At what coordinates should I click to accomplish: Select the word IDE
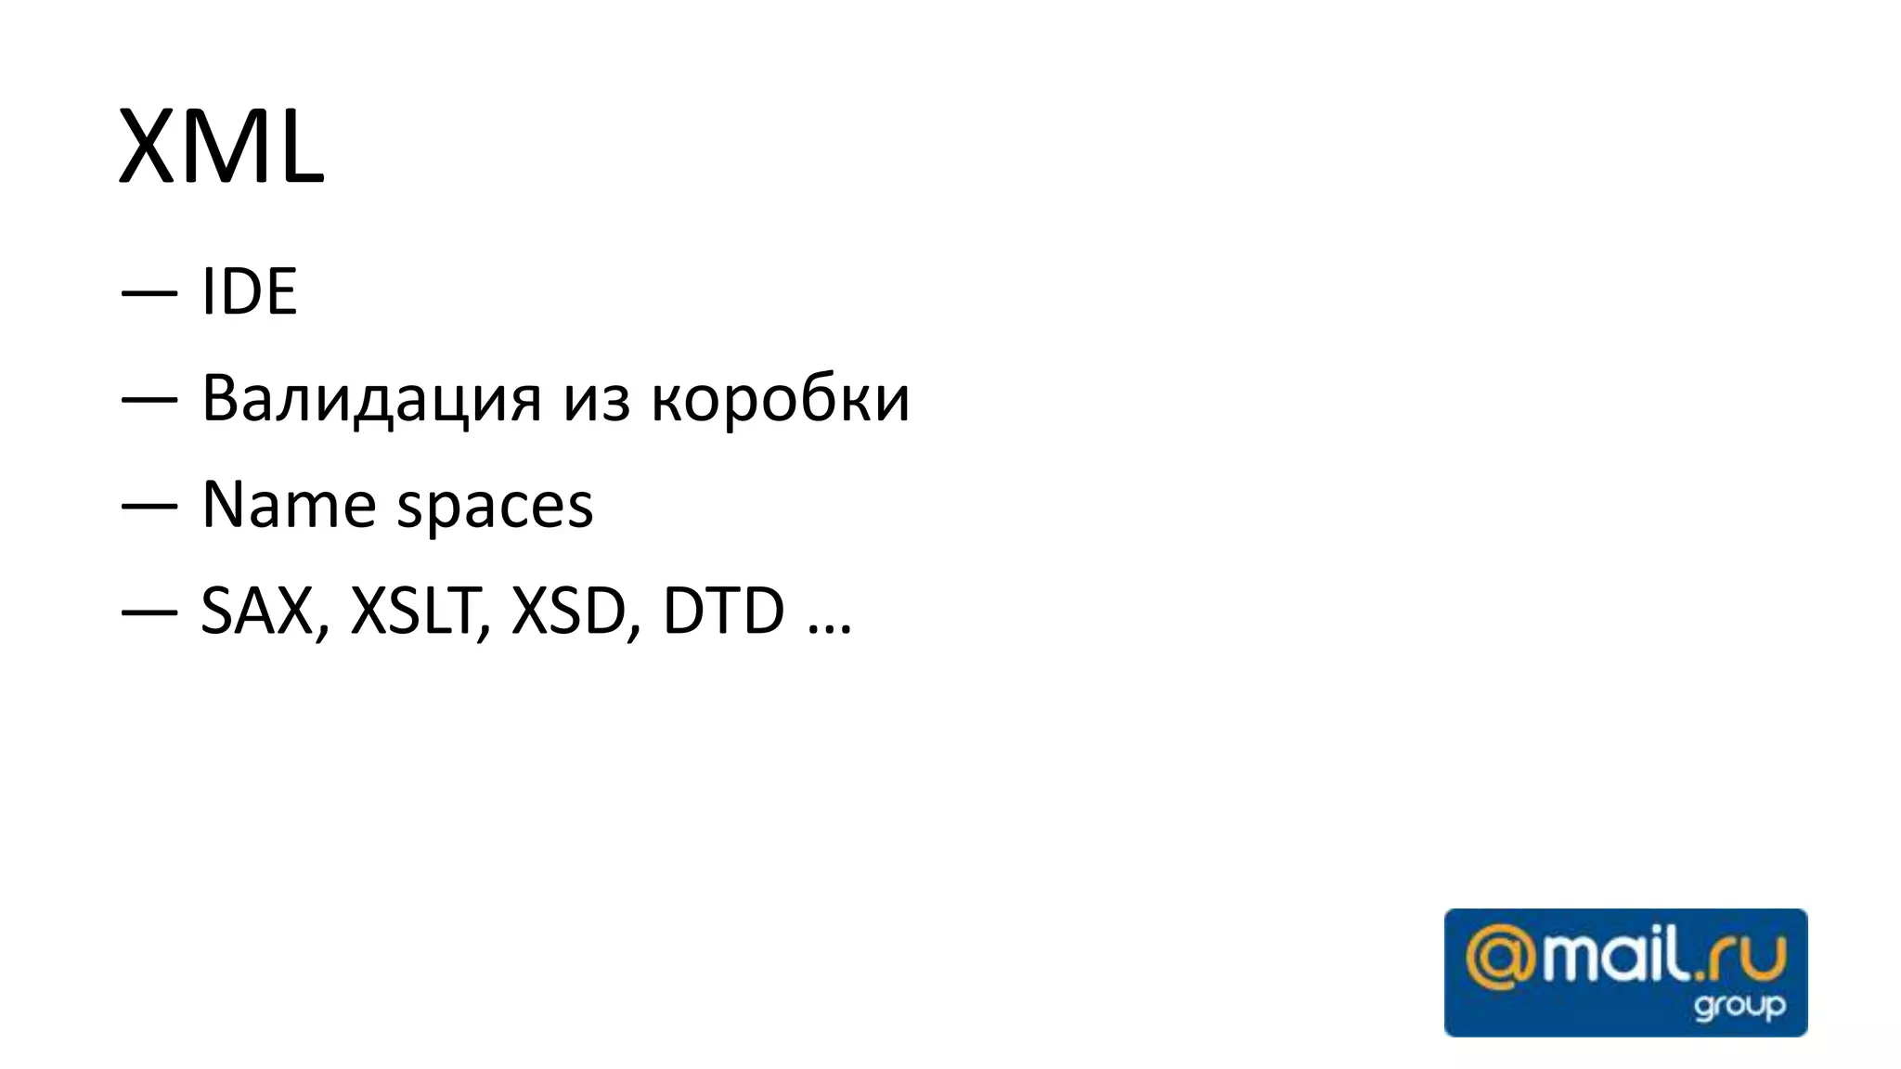[249, 292]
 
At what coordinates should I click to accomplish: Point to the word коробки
[780, 399]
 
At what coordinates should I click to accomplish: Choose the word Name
[288, 506]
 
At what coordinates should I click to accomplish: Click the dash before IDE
[149, 294]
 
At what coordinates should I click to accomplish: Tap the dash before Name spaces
[149, 507]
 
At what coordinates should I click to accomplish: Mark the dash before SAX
[149, 613]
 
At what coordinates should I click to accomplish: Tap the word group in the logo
[1739, 1006]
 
